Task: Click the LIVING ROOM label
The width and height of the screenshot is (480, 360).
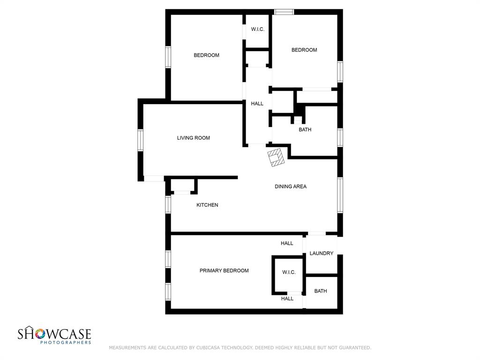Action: pyautogui.click(x=193, y=138)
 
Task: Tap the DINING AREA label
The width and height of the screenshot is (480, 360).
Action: pyautogui.click(x=290, y=187)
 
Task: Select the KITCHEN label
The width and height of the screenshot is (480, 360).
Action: pyautogui.click(x=207, y=205)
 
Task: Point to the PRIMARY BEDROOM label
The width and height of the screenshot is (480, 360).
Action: pyautogui.click(x=224, y=270)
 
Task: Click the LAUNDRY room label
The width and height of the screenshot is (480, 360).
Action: pyautogui.click(x=321, y=253)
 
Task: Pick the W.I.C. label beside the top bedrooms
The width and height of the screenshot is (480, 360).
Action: pyautogui.click(x=257, y=29)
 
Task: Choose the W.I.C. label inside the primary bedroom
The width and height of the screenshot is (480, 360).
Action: pyautogui.click(x=289, y=272)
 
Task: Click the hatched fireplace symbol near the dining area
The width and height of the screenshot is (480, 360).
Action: pyautogui.click(x=276, y=157)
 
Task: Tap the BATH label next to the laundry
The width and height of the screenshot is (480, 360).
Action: pyautogui.click(x=321, y=291)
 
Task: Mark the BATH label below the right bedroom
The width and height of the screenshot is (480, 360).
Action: pyautogui.click(x=305, y=129)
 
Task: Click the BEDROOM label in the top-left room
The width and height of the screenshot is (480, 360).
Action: pyautogui.click(x=206, y=55)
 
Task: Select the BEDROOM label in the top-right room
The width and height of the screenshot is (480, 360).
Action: pyautogui.click(x=304, y=50)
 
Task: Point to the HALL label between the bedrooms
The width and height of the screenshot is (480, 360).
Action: pyautogui.click(x=257, y=104)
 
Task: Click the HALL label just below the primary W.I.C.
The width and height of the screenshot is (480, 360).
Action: pyautogui.click(x=287, y=299)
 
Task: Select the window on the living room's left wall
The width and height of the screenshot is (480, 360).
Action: pyautogui.click(x=140, y=140)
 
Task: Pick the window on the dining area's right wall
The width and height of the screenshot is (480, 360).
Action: pyautogui.click(x=340, y=195)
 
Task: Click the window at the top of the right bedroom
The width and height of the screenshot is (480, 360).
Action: pyautogui.click(x=284, y=12)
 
